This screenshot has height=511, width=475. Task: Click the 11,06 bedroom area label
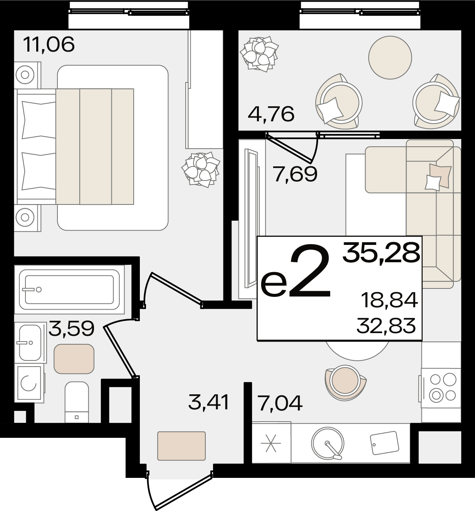coord(49,44)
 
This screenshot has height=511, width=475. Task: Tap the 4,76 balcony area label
coord(271,114)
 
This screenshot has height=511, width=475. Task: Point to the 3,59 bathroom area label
coord(72,328)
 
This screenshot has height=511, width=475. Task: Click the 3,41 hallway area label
coord(208,403)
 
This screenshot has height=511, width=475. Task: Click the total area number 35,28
coord(381,253)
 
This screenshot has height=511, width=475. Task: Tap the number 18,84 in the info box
coord(389,300)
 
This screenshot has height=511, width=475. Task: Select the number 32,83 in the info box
coord(386,325)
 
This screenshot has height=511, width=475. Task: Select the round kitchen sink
coord(327,444)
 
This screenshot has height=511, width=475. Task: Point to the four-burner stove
coord(441,388)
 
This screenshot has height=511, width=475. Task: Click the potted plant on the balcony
coord(259,54)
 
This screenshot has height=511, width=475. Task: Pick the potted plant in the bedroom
coord(201,169)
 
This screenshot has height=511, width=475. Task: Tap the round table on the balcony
coord(390,57)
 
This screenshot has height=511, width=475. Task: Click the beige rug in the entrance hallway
coord(181,446)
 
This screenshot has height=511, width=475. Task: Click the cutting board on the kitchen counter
coord(384,443)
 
